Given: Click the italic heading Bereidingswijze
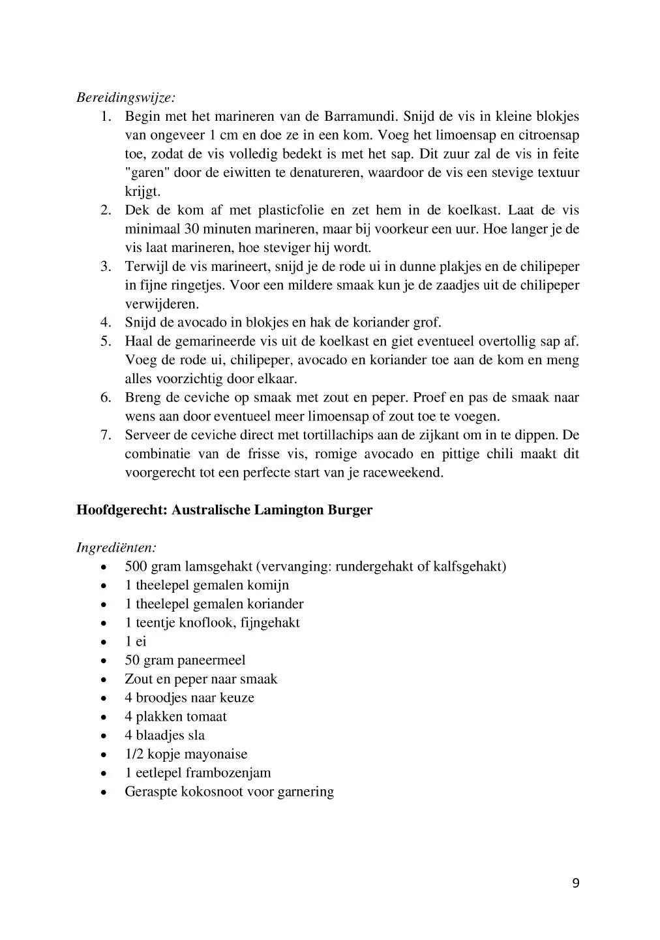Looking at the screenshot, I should [126, 98].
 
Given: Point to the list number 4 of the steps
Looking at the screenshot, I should [105, 322].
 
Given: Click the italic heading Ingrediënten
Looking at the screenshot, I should [116, 547].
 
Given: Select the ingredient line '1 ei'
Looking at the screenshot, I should [136, 641].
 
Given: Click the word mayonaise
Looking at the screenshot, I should [215, 754].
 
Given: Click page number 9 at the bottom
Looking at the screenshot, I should [575, 883].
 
